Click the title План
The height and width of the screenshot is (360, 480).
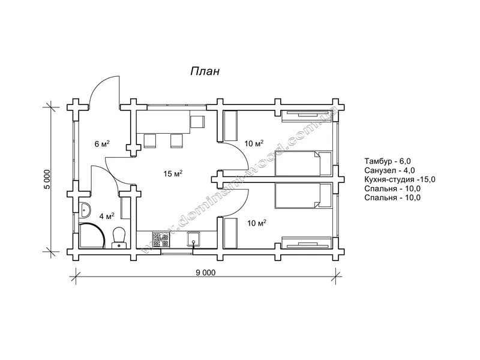[x=205, y=71]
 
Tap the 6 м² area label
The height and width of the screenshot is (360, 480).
[x=102, y=143]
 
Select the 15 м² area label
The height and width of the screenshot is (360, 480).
[x=173, y=174]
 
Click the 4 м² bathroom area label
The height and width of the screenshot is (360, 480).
[x=107, y=217]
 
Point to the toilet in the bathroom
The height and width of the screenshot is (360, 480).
[x=119, y=237]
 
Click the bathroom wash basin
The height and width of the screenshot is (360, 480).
[x=85, y=210]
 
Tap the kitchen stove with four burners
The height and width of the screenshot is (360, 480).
[x=161, y=239]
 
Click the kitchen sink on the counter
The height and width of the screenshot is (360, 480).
[x=193, y=239]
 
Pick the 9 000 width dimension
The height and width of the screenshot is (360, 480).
[x=206, y=272]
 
